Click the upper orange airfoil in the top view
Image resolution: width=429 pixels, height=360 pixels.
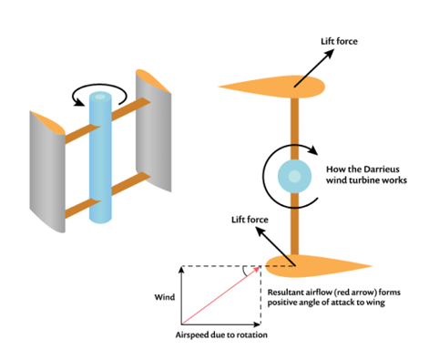[273, 86]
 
